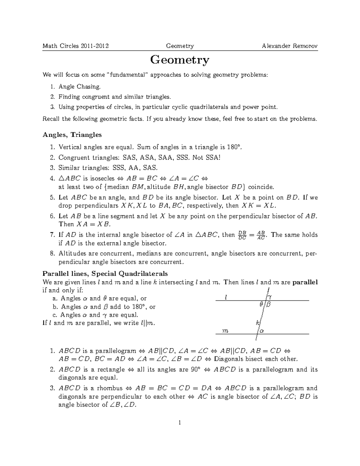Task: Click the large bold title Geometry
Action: pyautogui.click(x=180, y=60)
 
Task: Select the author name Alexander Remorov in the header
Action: pyautogui.click(x=289, y=46)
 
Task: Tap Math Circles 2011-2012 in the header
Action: pyautogui.click(x=76, y=46)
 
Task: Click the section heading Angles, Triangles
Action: pyautogui.click(x=72, y=135)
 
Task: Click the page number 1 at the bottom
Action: pyautogui.click(x=180, y=423)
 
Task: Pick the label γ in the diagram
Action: pyautogui.click(x=270, y=297)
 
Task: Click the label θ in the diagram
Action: pyautogui.click(x=261, y=304)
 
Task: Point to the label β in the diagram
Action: pyautogui.click(x=268, y=304)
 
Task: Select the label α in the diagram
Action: pyautogui.click(x=262, y=331)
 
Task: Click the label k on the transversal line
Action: pyautogui.click(x=257, y=323)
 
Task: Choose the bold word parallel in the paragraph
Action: pyautogui.click(x=305, y=282)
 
